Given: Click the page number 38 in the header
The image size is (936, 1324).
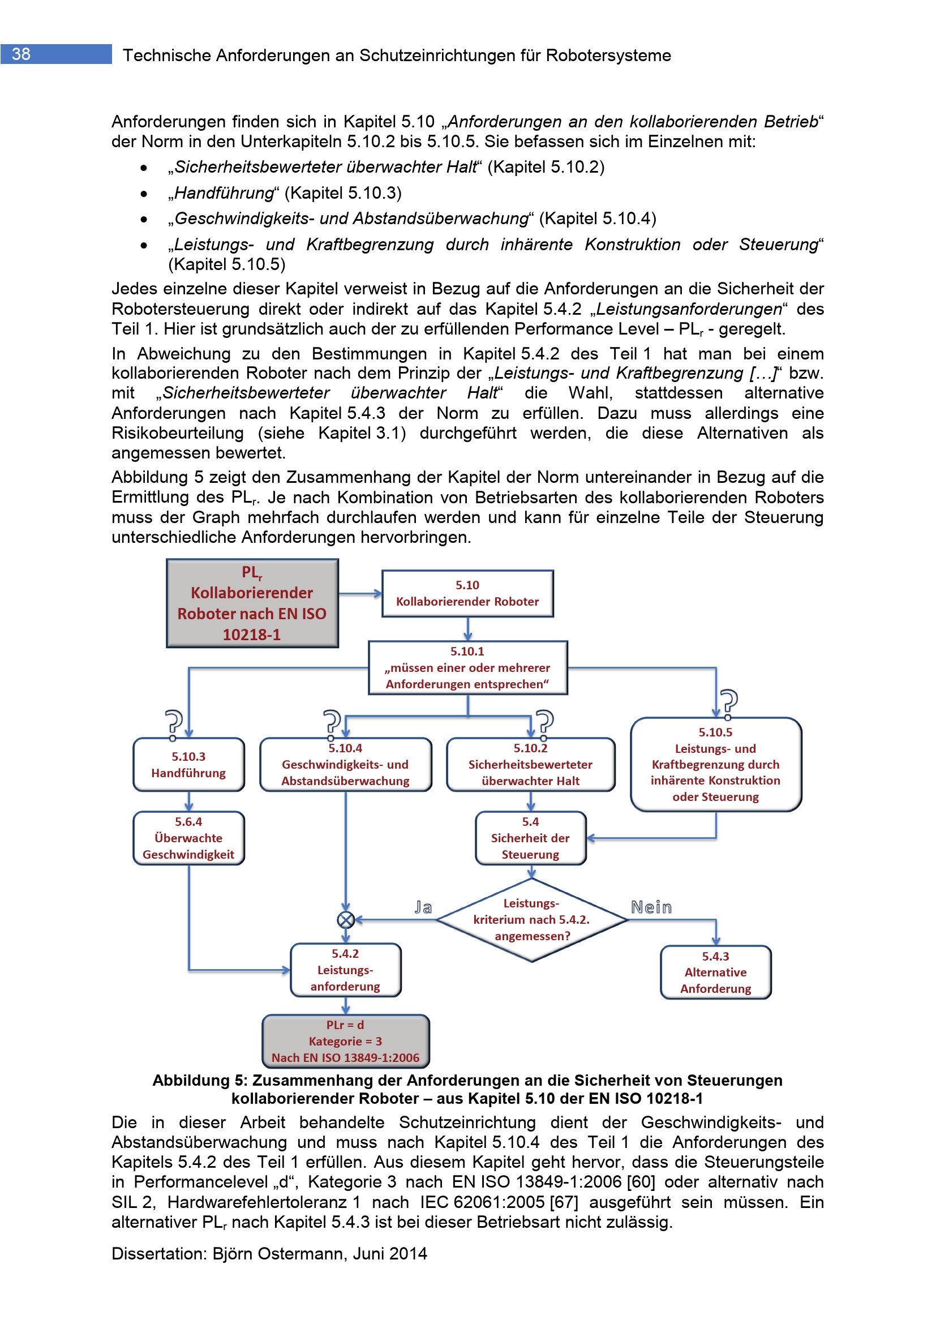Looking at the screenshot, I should [x=22, y=54].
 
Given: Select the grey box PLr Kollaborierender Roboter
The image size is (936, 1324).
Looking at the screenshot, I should [x=252, y=603].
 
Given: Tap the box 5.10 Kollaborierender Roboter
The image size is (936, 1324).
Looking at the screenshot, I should [x=467, y=593].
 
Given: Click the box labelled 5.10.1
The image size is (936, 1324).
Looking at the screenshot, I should [x=467, y=667].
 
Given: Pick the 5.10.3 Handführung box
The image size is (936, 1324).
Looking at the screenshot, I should [x=188, y=765].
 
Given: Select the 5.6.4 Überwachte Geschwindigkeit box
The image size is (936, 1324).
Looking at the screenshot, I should [x=188, y=838].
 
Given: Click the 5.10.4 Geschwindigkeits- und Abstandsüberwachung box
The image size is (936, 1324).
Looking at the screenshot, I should [x=345, y=765].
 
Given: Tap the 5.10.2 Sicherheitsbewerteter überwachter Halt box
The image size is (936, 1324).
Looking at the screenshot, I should [x=530, y=765].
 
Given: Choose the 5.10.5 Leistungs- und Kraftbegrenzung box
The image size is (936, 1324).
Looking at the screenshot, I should [x=715, y=765].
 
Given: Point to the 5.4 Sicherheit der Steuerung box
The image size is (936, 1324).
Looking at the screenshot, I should [x=530, y=838].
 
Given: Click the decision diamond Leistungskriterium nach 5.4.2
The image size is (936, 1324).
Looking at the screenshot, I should [x=531, y=920].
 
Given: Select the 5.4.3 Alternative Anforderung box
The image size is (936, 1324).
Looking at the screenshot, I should [x=715, y=972].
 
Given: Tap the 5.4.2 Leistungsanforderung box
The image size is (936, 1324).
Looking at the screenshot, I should [x=345, y=970].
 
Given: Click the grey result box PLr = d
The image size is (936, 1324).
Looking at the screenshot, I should [x=345, y=1041].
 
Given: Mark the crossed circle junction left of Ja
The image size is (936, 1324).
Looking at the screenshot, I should [x=345, y=920].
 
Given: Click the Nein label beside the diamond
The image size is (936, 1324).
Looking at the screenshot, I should [x=651, y=907].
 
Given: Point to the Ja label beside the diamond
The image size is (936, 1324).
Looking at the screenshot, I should [x=423, y=907].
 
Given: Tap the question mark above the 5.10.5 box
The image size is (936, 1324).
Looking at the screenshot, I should [x=729, y=702].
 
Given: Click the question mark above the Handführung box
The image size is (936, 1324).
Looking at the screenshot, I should [x=174, y=722].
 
